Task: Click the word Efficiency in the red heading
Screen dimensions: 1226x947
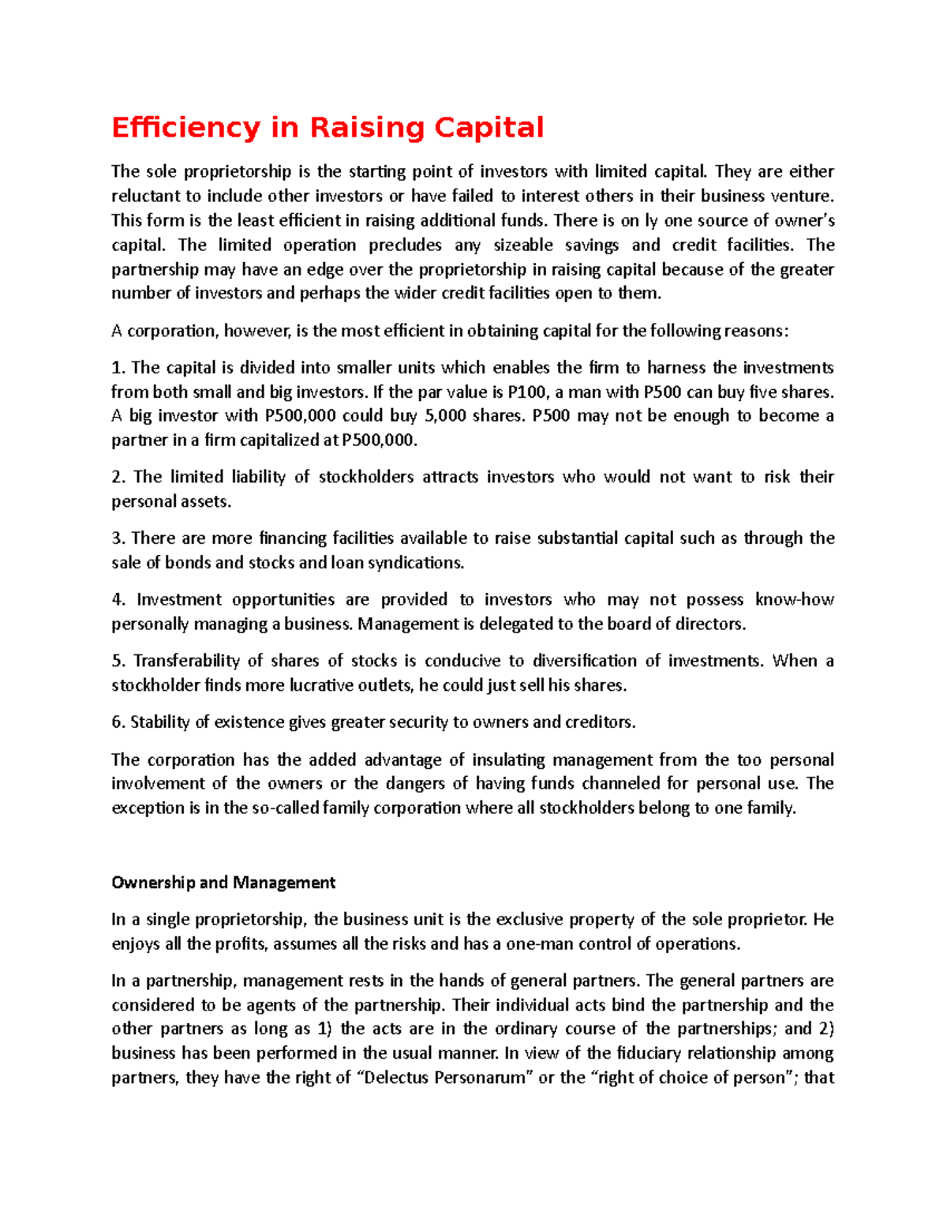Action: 185,128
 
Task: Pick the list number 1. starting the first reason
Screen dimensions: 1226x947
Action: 118,368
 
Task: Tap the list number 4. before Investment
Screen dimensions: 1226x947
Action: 118,600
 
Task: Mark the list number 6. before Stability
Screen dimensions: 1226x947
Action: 118,722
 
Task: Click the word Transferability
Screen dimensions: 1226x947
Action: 186,661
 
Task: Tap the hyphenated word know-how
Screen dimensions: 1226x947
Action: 794,600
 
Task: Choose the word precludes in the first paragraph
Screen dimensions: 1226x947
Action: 406,246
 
